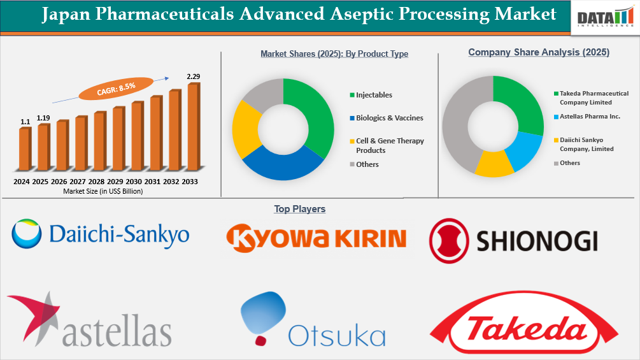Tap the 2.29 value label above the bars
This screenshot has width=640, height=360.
click(x=194, y=77)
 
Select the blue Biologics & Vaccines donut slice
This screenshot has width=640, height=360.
click(x=280, y=164)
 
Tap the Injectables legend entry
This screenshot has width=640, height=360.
click(x=374, y=95)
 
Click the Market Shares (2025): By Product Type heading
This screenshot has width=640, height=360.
click(x=334, y=54)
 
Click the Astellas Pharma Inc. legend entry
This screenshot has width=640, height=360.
click(x=590, y=117)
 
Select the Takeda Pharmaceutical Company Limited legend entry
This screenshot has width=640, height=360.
click(x=594, y=97)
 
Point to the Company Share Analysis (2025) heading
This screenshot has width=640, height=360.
click(x=539, y=53)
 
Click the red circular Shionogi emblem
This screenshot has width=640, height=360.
click(x=449, y=240)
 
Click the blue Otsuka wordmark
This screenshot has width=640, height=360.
click(x=337, y=335)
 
